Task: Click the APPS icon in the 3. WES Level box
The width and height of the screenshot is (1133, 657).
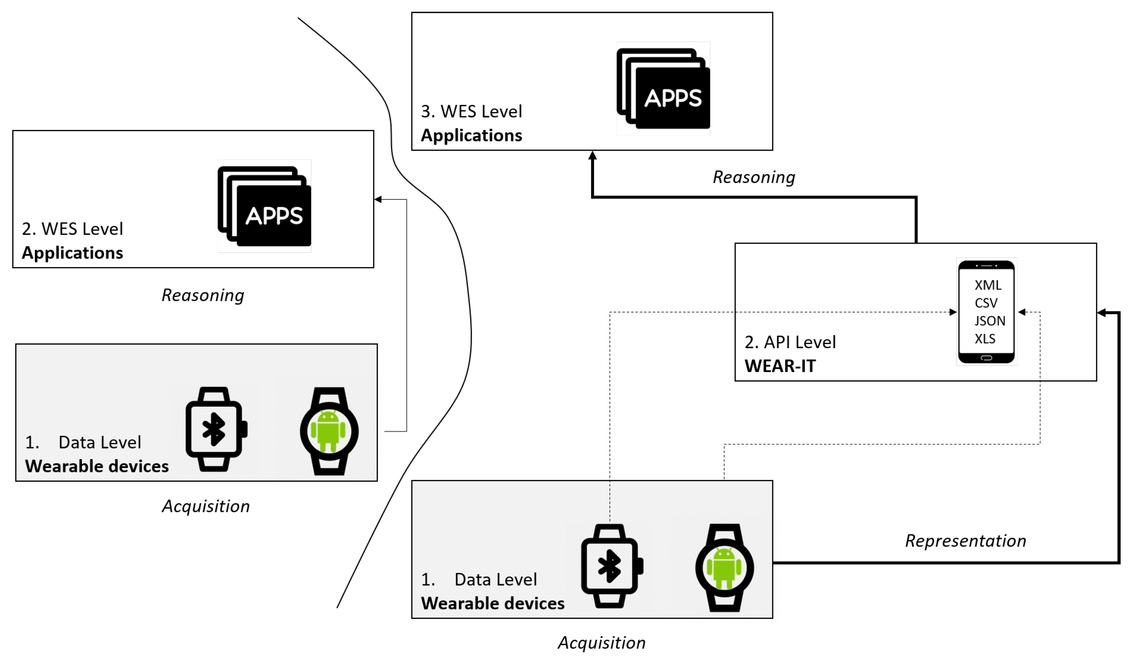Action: pos(664,89)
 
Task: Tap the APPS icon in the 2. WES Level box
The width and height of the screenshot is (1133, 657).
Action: pos(264,207)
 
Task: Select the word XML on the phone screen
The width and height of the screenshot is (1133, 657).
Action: pos(988,285)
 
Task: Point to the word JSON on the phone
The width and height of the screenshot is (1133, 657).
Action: pos(990,321)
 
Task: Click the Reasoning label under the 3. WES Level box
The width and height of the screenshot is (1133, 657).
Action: pos(754,177)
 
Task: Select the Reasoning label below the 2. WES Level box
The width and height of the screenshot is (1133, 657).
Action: pos(203,295)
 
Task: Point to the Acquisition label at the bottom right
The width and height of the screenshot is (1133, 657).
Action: pos(602,643)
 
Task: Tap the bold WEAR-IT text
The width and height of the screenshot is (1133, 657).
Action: pos(780,366)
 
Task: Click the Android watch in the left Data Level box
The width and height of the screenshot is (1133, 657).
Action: pos(329,431)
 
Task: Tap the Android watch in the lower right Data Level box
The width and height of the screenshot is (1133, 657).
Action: pos(724,568)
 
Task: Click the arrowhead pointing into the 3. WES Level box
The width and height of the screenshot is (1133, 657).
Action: pos(593,155)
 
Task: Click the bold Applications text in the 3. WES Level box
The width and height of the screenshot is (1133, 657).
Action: pos(471,135)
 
